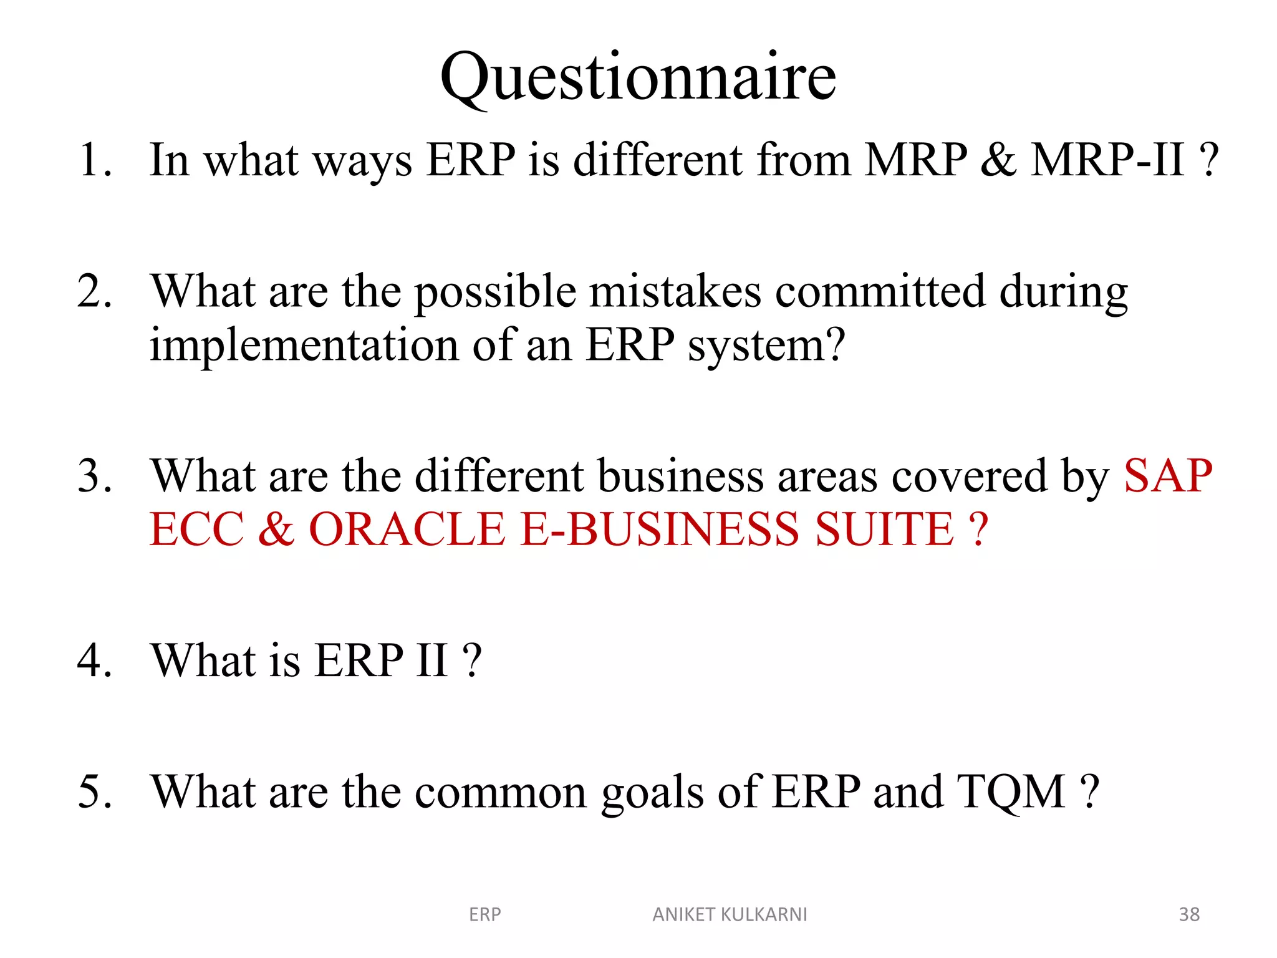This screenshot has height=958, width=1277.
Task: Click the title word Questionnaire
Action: coord(638,78)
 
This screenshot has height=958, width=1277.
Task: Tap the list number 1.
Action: coord(94,160)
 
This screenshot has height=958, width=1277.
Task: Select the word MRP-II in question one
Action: coord(1107,160)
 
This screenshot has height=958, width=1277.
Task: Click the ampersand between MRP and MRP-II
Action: coord(998,160)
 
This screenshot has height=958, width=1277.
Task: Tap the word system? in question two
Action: coord(766,346)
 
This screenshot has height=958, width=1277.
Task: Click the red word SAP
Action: coord(1168,477)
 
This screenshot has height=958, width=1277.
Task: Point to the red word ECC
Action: coord(196,530)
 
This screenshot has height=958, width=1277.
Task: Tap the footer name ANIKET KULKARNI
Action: coord(730,914)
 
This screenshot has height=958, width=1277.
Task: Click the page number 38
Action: coord(1189,914)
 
